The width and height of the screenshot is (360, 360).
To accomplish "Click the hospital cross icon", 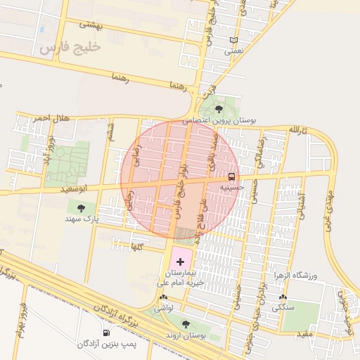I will [x=180, y=261].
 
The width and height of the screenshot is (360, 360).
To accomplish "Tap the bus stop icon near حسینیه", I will [x=232, y=176].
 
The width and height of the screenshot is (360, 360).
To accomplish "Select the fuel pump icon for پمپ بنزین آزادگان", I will [x=105, y=333].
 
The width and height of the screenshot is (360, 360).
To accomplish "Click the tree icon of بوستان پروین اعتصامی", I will [x=219, y=109].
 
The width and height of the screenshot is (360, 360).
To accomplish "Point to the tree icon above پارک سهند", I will [x=80, y=208].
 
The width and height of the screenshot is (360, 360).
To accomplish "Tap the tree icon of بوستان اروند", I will [x=186, y=324].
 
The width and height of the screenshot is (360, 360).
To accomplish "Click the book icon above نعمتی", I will [x=233, y=40].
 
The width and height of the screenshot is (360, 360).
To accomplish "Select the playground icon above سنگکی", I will [x=283, y=297].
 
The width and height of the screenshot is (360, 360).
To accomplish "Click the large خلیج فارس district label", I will [x=70, y=47].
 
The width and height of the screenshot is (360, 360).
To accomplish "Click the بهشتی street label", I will [x=91, y=25].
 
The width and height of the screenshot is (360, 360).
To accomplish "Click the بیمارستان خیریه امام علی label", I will [x=181, y=277].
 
